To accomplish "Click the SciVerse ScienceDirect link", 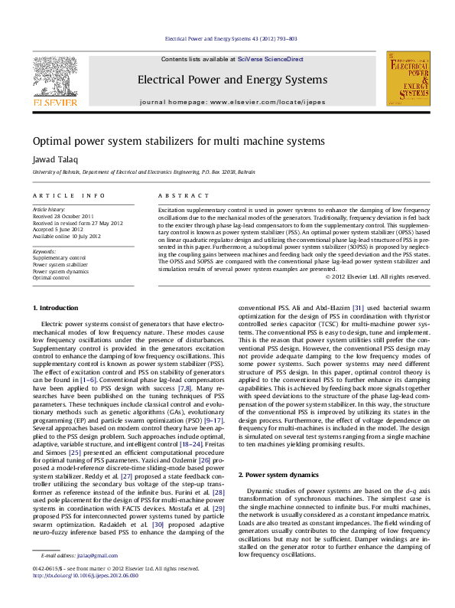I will click(x=270, y=59).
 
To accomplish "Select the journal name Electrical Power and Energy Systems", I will click(x=232, y=80).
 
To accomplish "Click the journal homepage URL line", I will click(x=232, y=102).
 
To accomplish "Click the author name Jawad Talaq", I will click(x=51, y=159).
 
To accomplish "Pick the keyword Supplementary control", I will click(x=59, y=259).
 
